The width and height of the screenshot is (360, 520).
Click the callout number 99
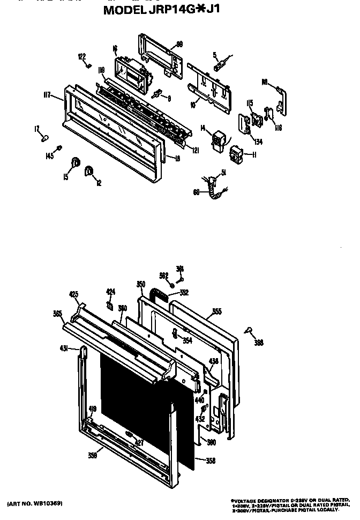179,43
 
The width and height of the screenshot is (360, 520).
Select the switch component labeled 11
235,154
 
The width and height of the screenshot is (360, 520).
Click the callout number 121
196,151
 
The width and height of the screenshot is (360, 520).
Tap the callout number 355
217,310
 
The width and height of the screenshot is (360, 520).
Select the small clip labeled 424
110,306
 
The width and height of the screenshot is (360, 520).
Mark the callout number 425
74,294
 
